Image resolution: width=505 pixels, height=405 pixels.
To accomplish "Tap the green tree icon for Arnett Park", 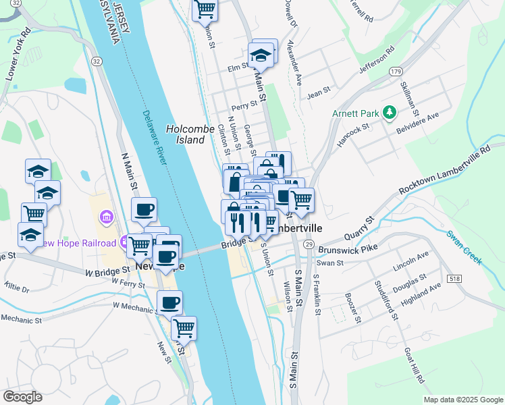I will click(389, 111).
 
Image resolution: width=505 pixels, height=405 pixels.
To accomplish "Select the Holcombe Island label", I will click(190, 134).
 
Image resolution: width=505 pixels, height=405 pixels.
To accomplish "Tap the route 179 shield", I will click(396, 72).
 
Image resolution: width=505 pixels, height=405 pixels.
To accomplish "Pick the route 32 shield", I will click(97, 61).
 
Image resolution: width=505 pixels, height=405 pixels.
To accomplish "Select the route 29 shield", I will click(309, 244).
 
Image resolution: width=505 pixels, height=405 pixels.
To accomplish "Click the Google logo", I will click(22, 397).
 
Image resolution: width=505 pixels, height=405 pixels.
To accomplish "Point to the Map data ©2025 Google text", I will click(463, 400).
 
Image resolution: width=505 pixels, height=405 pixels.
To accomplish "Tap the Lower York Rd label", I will click(18, 55).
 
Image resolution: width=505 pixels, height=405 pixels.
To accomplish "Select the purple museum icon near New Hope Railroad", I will click(107, 218).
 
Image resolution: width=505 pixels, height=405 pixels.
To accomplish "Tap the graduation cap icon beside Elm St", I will click(259, 55).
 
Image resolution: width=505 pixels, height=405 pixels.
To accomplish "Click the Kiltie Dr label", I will click(17, 288).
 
